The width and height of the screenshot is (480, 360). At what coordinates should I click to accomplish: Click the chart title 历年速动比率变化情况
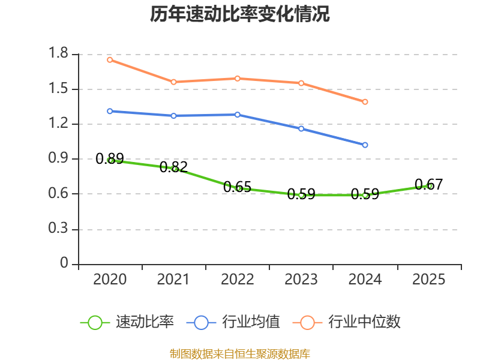(x=239, y=14)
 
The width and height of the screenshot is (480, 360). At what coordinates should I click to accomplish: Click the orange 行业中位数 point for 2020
(x=110, y=60)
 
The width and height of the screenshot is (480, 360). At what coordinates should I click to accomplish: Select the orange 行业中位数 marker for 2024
(x=365, y=101)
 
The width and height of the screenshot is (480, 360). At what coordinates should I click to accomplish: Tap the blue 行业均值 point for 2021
(x=173, y=116)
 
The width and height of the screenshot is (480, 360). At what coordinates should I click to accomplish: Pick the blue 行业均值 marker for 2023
(x=301, y=128)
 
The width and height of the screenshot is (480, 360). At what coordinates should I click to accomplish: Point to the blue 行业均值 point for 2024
(x=365, y=145)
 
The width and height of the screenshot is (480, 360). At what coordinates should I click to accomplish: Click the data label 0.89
(x=110, y=158)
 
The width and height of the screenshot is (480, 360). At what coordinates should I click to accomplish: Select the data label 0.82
(x=173, y=167)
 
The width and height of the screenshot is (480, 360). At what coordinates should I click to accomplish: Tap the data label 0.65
(x=237, y=187)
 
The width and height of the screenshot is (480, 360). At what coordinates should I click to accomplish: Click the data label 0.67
(x=428, y=184)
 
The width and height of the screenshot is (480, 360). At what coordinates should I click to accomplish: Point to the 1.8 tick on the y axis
(x=58, y=53)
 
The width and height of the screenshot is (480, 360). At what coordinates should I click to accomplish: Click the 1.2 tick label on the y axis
(x=58, y=123)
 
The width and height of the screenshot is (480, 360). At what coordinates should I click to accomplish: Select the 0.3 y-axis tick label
(x=58, y=228)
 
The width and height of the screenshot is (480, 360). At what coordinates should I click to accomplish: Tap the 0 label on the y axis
(x=64, y=263)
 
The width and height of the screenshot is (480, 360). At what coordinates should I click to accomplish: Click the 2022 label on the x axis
(x=237, y=279)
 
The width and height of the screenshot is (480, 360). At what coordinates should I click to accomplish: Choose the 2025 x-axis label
(x=428, y=279)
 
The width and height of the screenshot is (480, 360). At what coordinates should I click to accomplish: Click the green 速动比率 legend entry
(x=127, y=322)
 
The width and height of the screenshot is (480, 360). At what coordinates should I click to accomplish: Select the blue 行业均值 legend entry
(x=233, y=322)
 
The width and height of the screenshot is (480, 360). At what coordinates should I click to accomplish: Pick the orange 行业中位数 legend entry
(x=347, y=322)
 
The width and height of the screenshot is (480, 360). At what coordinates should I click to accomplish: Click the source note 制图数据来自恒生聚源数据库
(x=240, y=353)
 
